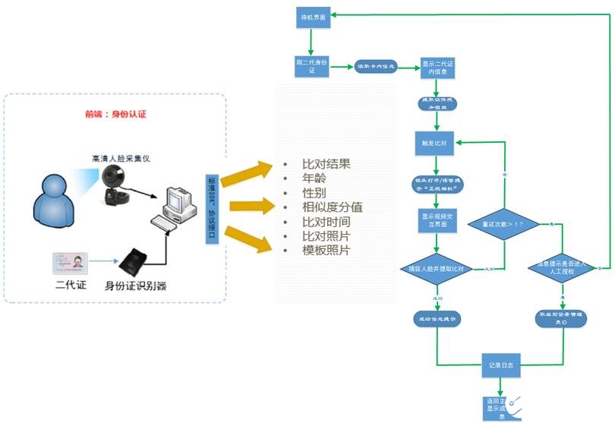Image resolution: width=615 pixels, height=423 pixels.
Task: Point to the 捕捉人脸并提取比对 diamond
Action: [436, 269]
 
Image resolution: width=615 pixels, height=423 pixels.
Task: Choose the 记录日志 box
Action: [500, 365]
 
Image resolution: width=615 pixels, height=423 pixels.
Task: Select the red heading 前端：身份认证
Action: [115, 114]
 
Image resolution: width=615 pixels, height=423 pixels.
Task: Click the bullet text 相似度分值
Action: [332, 207]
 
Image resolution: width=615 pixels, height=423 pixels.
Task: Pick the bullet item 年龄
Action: [314, 178]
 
